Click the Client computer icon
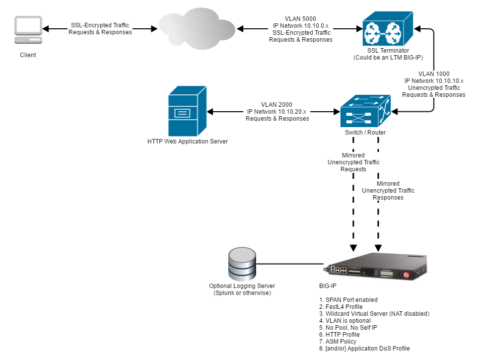tap(28, 31)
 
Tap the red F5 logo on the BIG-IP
tap(407, 275)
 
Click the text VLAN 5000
tap(300, 19)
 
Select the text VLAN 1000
tap(434, 73)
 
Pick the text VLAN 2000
tap(277, 105)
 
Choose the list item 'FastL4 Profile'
tap(342, 307)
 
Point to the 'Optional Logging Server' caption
tap(242, 286)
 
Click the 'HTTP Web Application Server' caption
tap(188, 142)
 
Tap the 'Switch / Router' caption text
tap(365, 133)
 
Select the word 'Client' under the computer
tap(28, 55)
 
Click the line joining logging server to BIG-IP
tap(290, 264)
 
